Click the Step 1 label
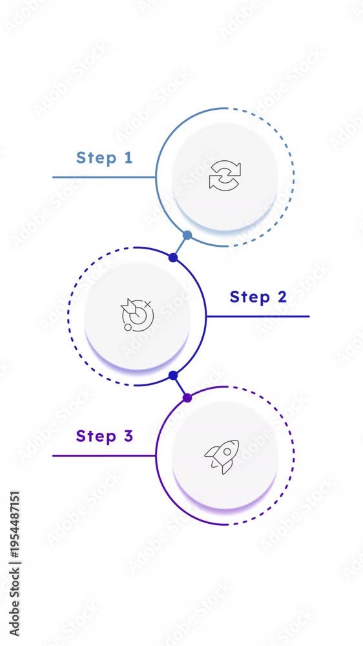click(x=104, y=158)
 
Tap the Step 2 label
click(x=258, y=297)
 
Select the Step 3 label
click(x=104, y=436)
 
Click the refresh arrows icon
click(x=225, y=175)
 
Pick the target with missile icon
click(x=137, y=315)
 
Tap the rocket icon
click(x=222, y=457)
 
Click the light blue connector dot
click(x=187, y=235)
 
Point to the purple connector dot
click(x=187, y=398)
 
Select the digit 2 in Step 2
click(x=282, y=297)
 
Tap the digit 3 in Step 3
click(x=128, y=436)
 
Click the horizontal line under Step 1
click(x=104, y=178)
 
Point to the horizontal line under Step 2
click(x=258, y=317)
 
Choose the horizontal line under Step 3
click(x=104, y=455)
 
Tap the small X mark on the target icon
click(x=149, y=304)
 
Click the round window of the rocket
click(x=227, y=452)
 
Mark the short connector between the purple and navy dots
click(x=180, y=387)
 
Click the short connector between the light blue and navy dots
click(x=180, y=246)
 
